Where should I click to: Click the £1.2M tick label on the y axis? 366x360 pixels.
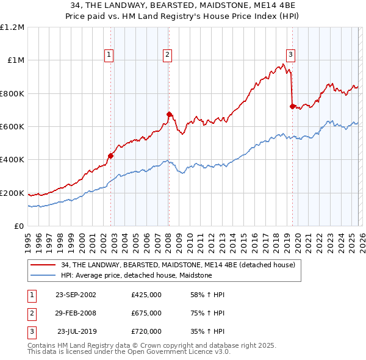pyautogui.click(x=12, y=27)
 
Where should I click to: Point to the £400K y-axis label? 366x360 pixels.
pyautogui.click(x=12, y=160)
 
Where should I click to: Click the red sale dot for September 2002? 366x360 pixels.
pyautogui.click(x=111, y=156)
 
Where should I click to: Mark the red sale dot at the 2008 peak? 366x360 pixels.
pyautogui.click(x=169, y=114)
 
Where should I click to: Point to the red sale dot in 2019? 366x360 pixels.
pyautogui.click(x=292, y=106)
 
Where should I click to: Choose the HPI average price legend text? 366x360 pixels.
pyautogui.click(x=136, y=275)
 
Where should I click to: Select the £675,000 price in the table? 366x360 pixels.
pyautogui.click(x=146, y=313)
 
